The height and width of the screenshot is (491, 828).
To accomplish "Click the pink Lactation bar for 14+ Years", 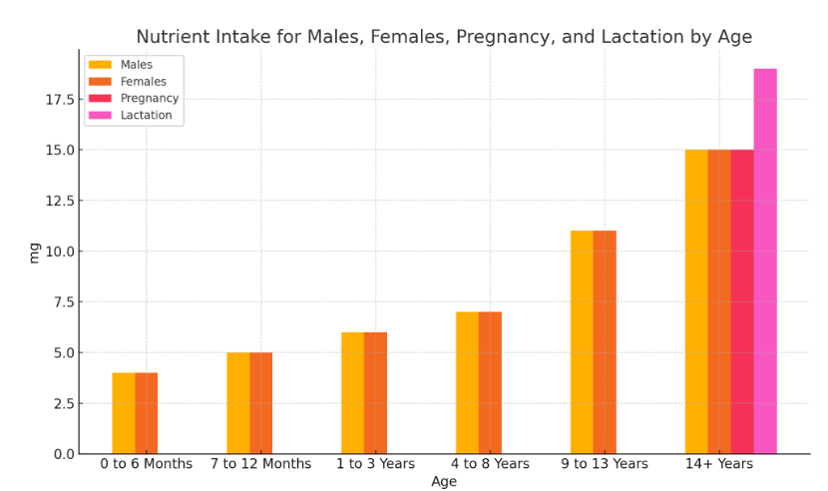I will click(765, 261).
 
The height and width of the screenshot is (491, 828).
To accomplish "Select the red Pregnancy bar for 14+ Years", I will click(742, 301).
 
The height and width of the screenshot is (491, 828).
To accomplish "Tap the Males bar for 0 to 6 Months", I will click(124, 413).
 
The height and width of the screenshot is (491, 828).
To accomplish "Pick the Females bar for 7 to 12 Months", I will click(261, 403).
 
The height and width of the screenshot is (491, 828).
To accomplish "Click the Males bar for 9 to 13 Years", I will click(582, 342).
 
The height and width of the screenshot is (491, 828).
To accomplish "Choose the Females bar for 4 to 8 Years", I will click(490, 383).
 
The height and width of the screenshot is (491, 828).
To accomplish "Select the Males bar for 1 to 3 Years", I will click(352, 393).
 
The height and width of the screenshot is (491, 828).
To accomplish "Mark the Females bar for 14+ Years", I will click(719, 301).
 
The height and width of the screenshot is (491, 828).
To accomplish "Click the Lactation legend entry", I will click(146, 116).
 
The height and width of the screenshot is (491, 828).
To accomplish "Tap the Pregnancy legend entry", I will click(149, 99).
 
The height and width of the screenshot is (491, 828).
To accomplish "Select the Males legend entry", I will click(136, 65).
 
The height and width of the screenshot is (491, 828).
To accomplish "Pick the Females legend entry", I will click(143, 82).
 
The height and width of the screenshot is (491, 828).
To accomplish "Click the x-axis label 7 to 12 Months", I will click(261, 465).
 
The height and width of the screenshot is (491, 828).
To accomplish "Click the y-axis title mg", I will click(35, 251).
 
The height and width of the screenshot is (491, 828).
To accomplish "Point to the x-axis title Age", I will click(444, 482).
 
